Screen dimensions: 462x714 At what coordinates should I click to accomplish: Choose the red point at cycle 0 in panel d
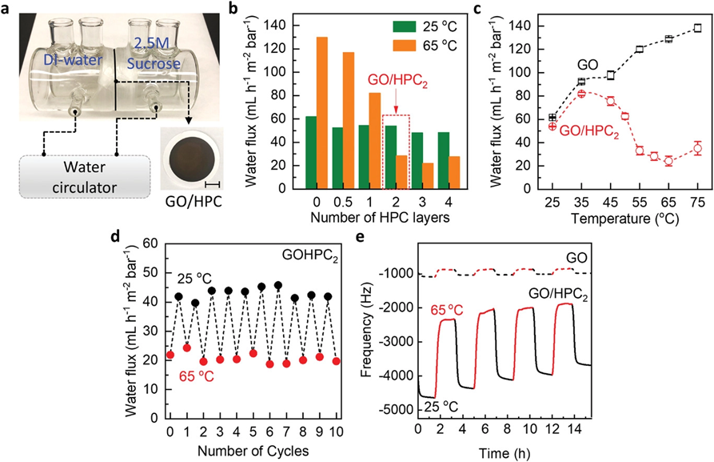click(x=170, y=355)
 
